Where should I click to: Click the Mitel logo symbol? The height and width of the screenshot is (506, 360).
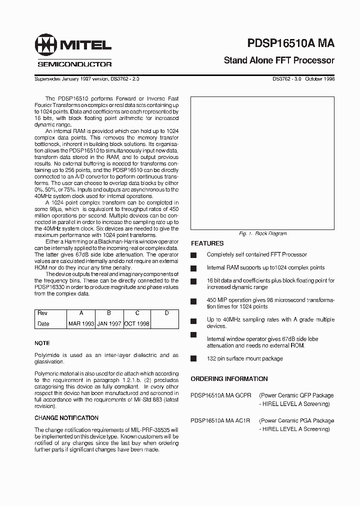45,46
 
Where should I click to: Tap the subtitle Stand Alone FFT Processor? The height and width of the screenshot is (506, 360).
279,60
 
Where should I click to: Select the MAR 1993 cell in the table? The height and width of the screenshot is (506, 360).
81,323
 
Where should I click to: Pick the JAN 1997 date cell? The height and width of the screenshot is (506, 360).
109,323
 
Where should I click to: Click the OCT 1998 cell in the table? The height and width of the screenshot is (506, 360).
137,323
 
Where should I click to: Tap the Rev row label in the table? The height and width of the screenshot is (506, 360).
42,313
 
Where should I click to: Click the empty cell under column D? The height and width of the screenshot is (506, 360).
166,323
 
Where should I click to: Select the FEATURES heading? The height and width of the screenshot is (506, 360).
207,243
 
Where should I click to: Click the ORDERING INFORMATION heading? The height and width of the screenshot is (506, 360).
229,379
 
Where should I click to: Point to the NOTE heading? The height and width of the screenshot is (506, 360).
42,343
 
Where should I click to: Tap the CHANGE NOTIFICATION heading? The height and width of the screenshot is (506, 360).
66,418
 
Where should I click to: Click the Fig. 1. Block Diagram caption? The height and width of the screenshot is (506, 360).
263,233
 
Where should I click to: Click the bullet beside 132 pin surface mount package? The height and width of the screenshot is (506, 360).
193,358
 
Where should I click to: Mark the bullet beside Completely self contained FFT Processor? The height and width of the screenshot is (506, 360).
193,255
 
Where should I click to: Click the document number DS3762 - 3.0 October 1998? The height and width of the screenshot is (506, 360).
303,79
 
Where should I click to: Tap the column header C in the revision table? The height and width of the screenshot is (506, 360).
137,313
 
